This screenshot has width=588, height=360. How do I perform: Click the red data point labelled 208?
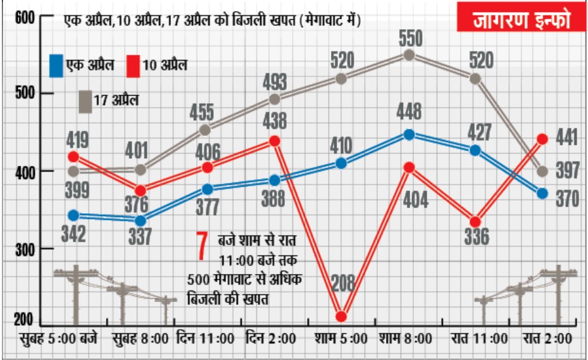(341, 316)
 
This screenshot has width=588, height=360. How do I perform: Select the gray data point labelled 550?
(410, 55)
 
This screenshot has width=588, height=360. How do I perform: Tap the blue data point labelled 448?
(410, 134)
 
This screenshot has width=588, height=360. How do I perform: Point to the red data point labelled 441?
(542, 139)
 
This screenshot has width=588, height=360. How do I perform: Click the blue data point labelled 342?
(73, 216)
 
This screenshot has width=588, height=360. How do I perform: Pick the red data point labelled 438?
(275, 140)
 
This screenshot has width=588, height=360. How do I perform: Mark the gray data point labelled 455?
(205, 130)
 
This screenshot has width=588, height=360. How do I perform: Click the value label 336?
(476, 237)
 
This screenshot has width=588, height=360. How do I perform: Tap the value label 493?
(275, 82)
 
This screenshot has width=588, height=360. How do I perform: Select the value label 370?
(567, 199)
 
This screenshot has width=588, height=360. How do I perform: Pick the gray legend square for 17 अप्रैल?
(85, 101)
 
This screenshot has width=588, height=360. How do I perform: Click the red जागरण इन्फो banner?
(521, 20)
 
